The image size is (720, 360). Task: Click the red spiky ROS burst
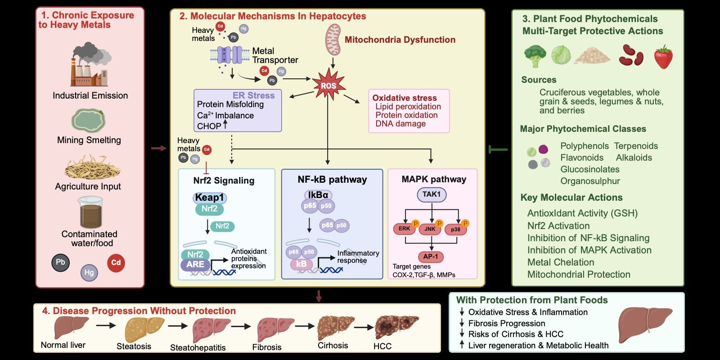coord(328,85)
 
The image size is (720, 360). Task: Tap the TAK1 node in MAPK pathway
coord(432,195)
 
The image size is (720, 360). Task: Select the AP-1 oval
coord(431,256)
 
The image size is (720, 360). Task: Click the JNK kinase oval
coord(430,229)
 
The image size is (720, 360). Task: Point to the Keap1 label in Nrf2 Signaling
coord(210,198)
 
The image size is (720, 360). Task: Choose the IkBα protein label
coord(318,195)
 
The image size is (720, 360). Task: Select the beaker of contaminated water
coord(90,212)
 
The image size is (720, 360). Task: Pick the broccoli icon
coord(535,56)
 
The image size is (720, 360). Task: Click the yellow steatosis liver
coord(144,329)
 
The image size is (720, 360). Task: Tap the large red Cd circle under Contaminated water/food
coord(116,263)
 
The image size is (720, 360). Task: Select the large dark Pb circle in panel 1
coord(60,263)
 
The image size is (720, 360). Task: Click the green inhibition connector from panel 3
coord(498,149)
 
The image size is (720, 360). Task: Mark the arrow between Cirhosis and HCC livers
coord(364,328)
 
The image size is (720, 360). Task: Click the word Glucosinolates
coord(590,169)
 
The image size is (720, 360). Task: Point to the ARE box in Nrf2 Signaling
coord(195,265)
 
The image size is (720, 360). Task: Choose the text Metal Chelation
coord(561,262)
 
